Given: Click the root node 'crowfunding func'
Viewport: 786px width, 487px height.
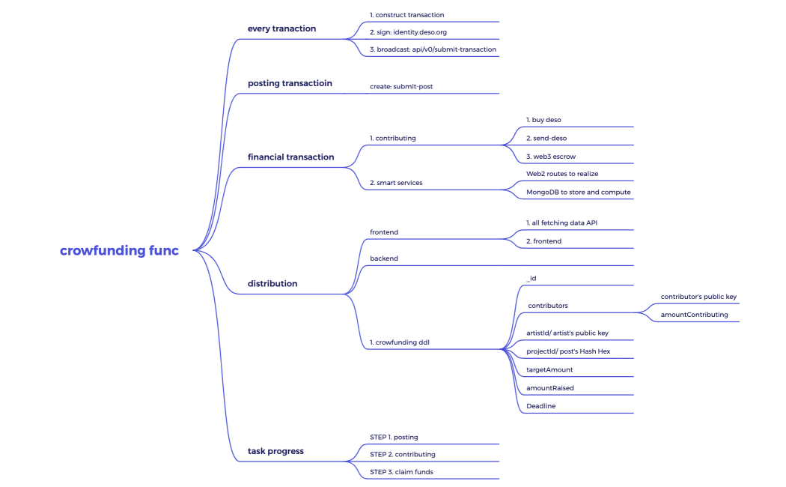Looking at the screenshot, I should click(119, 251).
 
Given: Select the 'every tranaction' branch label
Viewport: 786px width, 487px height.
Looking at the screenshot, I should click(281, 28).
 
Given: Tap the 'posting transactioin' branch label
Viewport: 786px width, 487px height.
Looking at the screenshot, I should click(290, 83).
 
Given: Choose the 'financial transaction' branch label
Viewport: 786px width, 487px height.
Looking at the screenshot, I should click(290, 157).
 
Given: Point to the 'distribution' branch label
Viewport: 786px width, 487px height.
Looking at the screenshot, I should click(272, 283).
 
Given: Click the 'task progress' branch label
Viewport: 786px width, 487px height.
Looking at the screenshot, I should click(275, 451).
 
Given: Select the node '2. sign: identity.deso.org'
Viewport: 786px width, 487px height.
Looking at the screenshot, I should click(408, 32).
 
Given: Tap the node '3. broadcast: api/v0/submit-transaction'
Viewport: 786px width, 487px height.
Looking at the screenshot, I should click(433, 49).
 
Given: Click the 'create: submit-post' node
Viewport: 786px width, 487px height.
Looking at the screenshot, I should click(401, 86).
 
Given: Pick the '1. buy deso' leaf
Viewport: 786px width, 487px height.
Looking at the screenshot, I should click(543, 120).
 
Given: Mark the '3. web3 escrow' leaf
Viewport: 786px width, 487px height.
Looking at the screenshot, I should click(551, 157).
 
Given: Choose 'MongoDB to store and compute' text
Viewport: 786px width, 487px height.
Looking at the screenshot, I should click(579, 192).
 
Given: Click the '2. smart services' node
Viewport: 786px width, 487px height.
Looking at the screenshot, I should click(396, 183).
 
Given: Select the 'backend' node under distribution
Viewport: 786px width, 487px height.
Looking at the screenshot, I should click(384, 258).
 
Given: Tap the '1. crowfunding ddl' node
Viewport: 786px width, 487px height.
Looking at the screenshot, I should click(400, 342).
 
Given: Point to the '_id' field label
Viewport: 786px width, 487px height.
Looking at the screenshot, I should click(531, 278).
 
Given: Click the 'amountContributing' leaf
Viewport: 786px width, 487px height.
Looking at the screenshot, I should click(694, 315).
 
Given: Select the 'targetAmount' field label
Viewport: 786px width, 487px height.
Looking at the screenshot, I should click(549, 370).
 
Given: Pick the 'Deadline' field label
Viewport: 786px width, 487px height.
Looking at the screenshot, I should click(540, 406).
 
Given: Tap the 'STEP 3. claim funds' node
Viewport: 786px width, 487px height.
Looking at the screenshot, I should click(401, 472).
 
